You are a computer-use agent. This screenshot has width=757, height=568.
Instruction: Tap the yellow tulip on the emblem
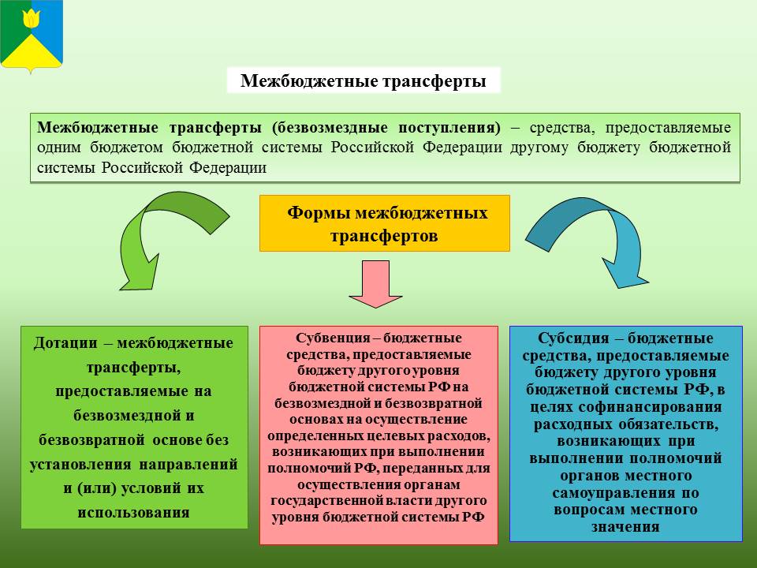[x=32, y=18]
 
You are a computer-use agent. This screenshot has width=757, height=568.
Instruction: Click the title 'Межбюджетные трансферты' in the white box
[x=363, y=80]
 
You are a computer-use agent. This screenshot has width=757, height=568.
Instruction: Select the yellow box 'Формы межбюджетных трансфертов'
[x=384, y=223]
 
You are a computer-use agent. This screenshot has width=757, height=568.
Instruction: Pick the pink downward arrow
[x=375, y=284]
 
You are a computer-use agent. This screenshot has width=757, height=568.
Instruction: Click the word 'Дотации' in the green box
[x=65, y=343]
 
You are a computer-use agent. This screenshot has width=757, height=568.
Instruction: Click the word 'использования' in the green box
[x=134, y=513]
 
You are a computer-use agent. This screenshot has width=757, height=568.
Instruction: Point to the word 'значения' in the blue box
[x=625, y=527]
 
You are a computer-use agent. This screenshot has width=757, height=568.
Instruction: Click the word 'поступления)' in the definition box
[x=449, y=128]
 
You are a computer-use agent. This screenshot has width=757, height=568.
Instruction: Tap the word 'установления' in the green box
[x=80, y=464]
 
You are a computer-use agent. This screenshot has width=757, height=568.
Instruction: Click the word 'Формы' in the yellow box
[x=317, y=212]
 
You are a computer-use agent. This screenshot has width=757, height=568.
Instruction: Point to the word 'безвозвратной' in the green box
[x=91, y=440]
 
